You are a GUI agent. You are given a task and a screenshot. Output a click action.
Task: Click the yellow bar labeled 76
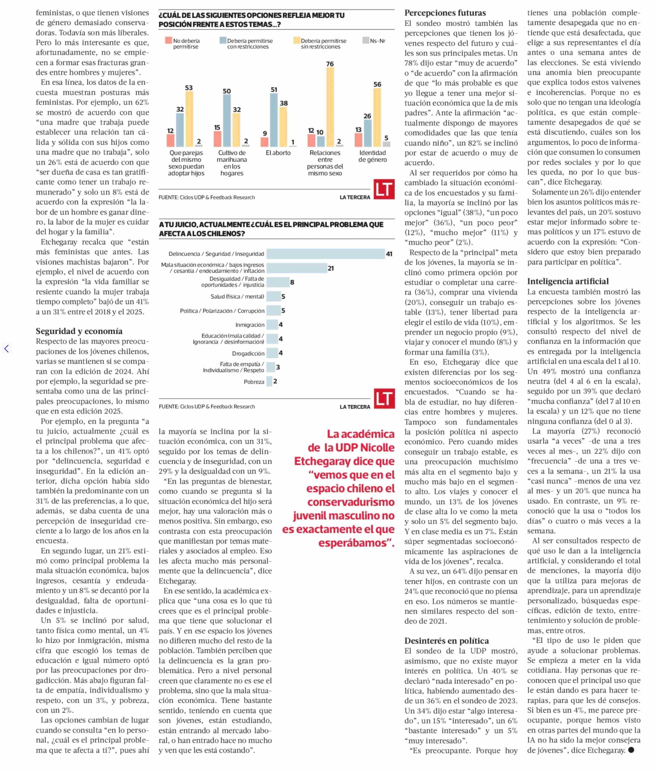[x=330, y=107]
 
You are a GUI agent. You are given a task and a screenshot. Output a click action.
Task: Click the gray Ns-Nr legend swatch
[x=366, y=40]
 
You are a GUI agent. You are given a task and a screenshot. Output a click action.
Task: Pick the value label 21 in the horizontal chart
[x=331, y=268]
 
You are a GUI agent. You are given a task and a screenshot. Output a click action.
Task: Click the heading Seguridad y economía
[x=79, y=331]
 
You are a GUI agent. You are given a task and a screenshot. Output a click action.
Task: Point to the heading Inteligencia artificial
[x=568, y=281]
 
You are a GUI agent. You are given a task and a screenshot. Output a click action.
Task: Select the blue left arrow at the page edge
[x=6, y=349]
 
